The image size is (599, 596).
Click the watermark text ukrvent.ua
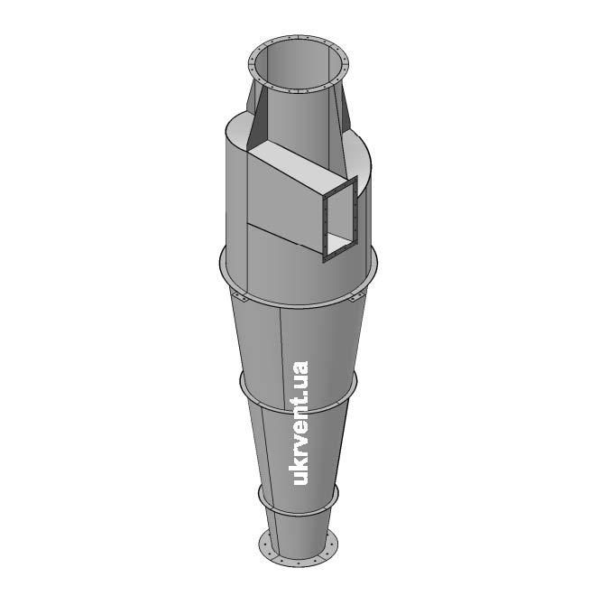click(300, 424)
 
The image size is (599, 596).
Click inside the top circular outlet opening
click(298, 64)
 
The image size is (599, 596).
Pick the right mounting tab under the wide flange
click(357, 298)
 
